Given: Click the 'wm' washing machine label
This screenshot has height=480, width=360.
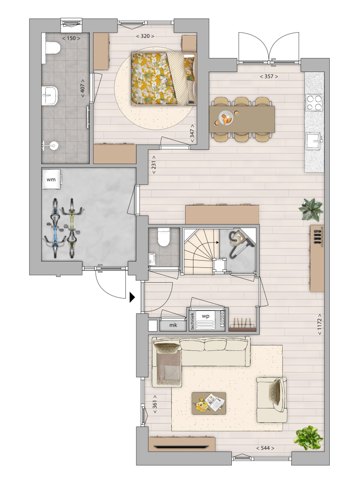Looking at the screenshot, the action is click(51, 180).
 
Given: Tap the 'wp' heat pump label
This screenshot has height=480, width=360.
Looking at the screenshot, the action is click(205, 316).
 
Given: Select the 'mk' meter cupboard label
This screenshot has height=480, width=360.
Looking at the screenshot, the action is click(173, 325).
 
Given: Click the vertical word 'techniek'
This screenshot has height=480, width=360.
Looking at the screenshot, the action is click(192, 321).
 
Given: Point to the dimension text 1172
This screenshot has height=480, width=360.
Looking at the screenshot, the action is click(319, 324).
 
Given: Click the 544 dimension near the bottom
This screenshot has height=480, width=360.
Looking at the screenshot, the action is click(265, 448).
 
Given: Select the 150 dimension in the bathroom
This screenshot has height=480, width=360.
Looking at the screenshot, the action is click(71, 38).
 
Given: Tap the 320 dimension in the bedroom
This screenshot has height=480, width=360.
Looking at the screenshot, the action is click(145, 36).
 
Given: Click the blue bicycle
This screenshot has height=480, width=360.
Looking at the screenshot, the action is click(55, 228).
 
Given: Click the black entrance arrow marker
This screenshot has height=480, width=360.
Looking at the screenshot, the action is click(132, 297).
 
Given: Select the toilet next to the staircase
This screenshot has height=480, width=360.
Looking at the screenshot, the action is click(164, 238).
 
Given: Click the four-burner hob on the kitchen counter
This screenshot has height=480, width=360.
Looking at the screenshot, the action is click(314, 103).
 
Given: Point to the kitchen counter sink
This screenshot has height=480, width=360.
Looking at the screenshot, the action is click(314, 141).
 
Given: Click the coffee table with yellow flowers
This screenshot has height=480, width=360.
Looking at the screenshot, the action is click(209, 404).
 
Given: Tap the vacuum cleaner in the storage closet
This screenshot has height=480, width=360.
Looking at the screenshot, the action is click(240, 243).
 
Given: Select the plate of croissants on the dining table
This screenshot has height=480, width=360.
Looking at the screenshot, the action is click(227, 118).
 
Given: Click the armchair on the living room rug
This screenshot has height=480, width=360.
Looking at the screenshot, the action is click(272, 400).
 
